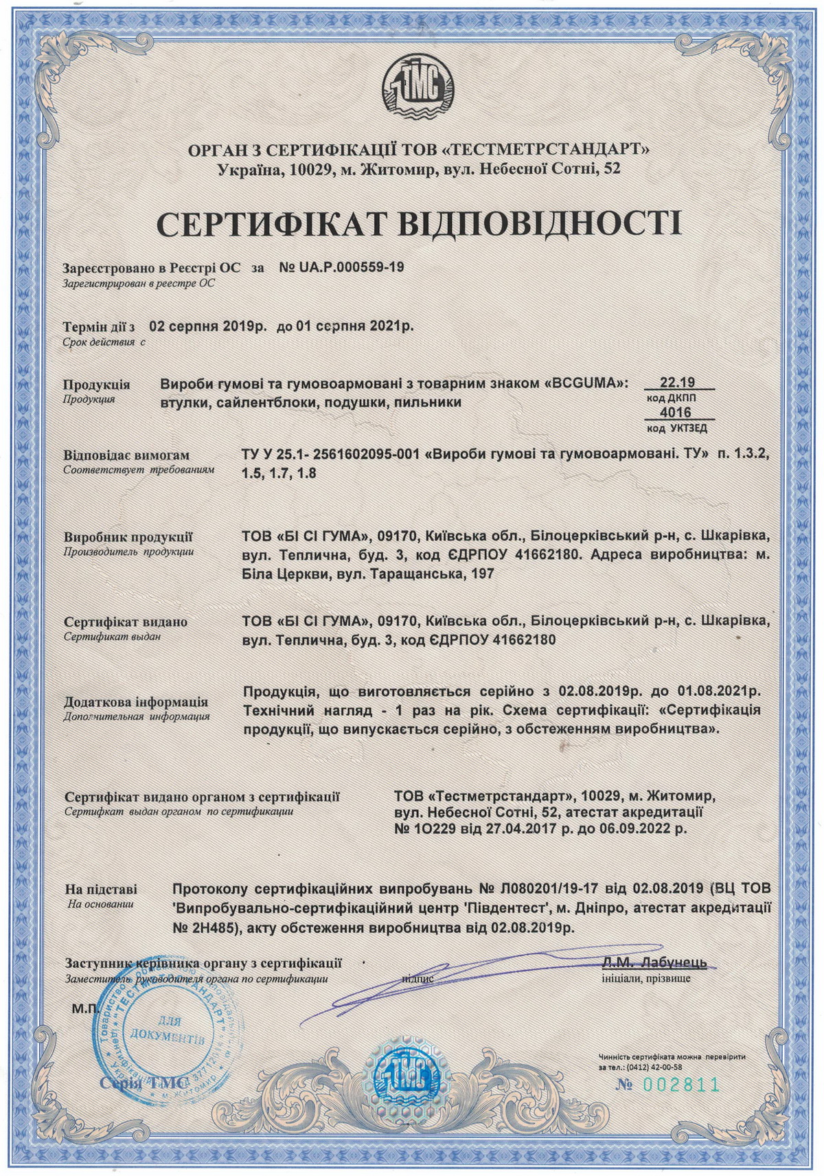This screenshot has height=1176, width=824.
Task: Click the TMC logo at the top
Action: (x=412, y=90)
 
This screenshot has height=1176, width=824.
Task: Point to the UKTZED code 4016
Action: (x=676, y=412)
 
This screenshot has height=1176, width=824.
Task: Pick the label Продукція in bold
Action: (x=96, y=385)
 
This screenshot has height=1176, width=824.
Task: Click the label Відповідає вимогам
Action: (x=126, y=455)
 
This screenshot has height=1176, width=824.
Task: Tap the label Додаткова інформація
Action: (x=136, y=702)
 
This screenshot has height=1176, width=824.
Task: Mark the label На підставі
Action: (x=100, y=888)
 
